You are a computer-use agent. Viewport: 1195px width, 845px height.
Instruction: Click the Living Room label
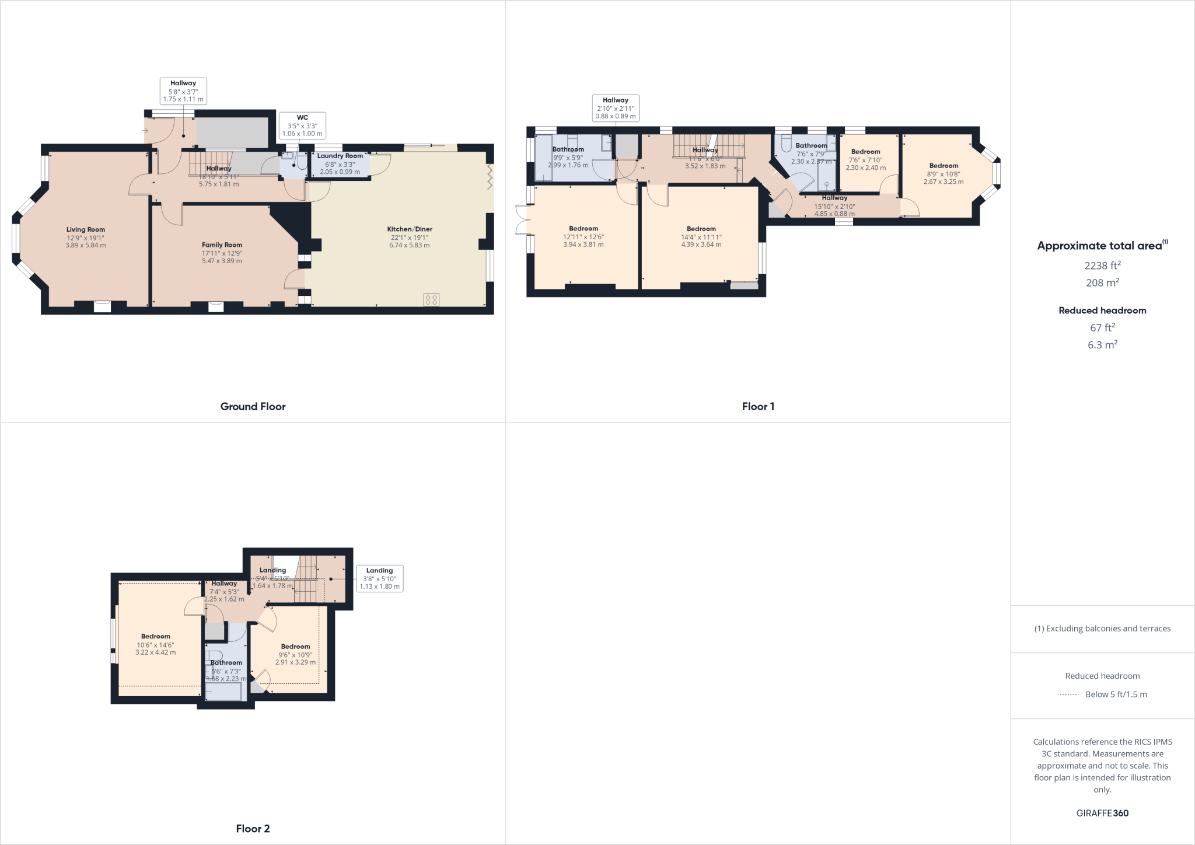(86, 229)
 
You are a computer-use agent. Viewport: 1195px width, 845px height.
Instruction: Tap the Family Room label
(222, 245)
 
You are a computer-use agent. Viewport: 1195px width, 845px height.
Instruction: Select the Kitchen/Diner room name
(410, 229)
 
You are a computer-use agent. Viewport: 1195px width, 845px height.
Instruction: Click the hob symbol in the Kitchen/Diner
(432, 300)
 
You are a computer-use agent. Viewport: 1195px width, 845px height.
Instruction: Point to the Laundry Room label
(340, 156)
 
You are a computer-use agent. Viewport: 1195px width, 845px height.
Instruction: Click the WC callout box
(302, 125)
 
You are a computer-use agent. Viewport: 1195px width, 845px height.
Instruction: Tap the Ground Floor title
(253, 407)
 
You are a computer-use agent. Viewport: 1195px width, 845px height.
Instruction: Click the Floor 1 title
(758, 407)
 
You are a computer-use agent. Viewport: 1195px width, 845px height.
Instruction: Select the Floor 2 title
(253, 829)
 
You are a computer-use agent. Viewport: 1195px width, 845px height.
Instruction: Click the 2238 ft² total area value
(1102, 266)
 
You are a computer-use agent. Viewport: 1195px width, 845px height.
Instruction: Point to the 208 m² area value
(1102, 282)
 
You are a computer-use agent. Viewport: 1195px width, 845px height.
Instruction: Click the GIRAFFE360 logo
(1102, 813)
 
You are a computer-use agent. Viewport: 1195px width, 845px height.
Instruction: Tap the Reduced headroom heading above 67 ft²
(1102, 310)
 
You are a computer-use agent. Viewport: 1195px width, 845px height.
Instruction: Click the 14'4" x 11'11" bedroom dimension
(701, 237)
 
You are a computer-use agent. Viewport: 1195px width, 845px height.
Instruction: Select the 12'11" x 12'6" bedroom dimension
(583, 237)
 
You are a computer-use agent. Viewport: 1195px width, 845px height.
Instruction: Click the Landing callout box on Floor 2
(379, 578)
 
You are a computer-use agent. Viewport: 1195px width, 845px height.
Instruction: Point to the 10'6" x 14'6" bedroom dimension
(156, 645)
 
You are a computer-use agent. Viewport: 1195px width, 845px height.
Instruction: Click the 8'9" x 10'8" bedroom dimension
(944, 174)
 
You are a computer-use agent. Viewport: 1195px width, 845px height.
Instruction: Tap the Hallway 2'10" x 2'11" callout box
(616, 108)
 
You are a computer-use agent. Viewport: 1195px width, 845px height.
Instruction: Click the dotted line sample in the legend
(1068, 694)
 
